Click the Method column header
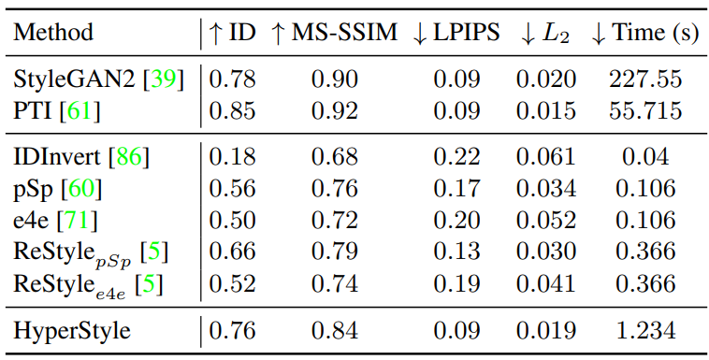[53, 33]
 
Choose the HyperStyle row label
[72, 331]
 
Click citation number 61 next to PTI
[80, 111]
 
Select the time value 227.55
[645, 80]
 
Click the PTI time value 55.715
[645, 110]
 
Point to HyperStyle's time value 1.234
[645, 330]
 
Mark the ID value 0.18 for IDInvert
[232, 157]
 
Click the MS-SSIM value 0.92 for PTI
[335, 110]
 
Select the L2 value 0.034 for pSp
[546, 189]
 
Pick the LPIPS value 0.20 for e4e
[456, 221]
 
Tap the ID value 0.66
[232, 252]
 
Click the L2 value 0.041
[546, 283]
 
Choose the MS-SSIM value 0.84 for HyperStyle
[335, 330]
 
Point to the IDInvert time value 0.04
[645, 157]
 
